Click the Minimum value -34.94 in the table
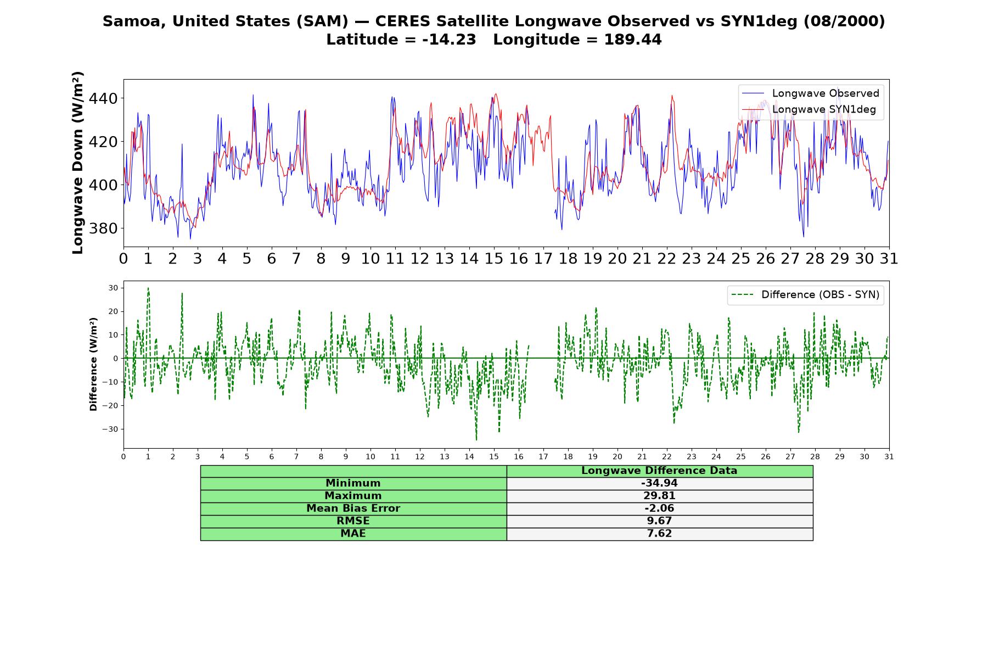[659, 483]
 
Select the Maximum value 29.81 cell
[659, 496]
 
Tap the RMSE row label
[353, 521]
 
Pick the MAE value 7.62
[659, 533]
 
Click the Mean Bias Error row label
[353, 509]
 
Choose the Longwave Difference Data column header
[659, 471]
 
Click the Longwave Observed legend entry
[811, 93]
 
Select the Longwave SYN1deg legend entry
[811, 109]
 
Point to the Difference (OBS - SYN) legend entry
[805, 295]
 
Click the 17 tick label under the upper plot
[543, 259]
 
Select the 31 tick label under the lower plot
[889, 456]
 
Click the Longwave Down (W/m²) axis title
[78, 163]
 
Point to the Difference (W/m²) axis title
[93, 364]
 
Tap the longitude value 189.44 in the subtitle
[633, 40]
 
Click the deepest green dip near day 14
[476, 439]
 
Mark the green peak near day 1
[148, 289]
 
